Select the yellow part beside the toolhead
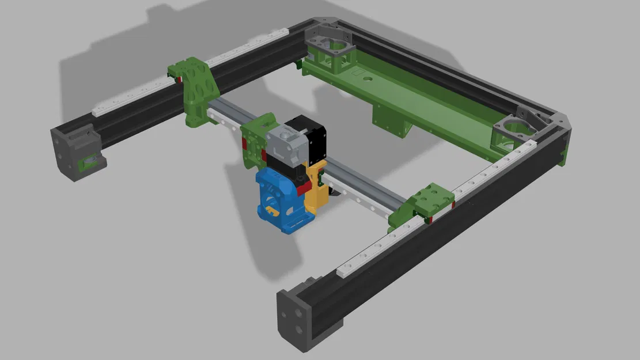point(315,187)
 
